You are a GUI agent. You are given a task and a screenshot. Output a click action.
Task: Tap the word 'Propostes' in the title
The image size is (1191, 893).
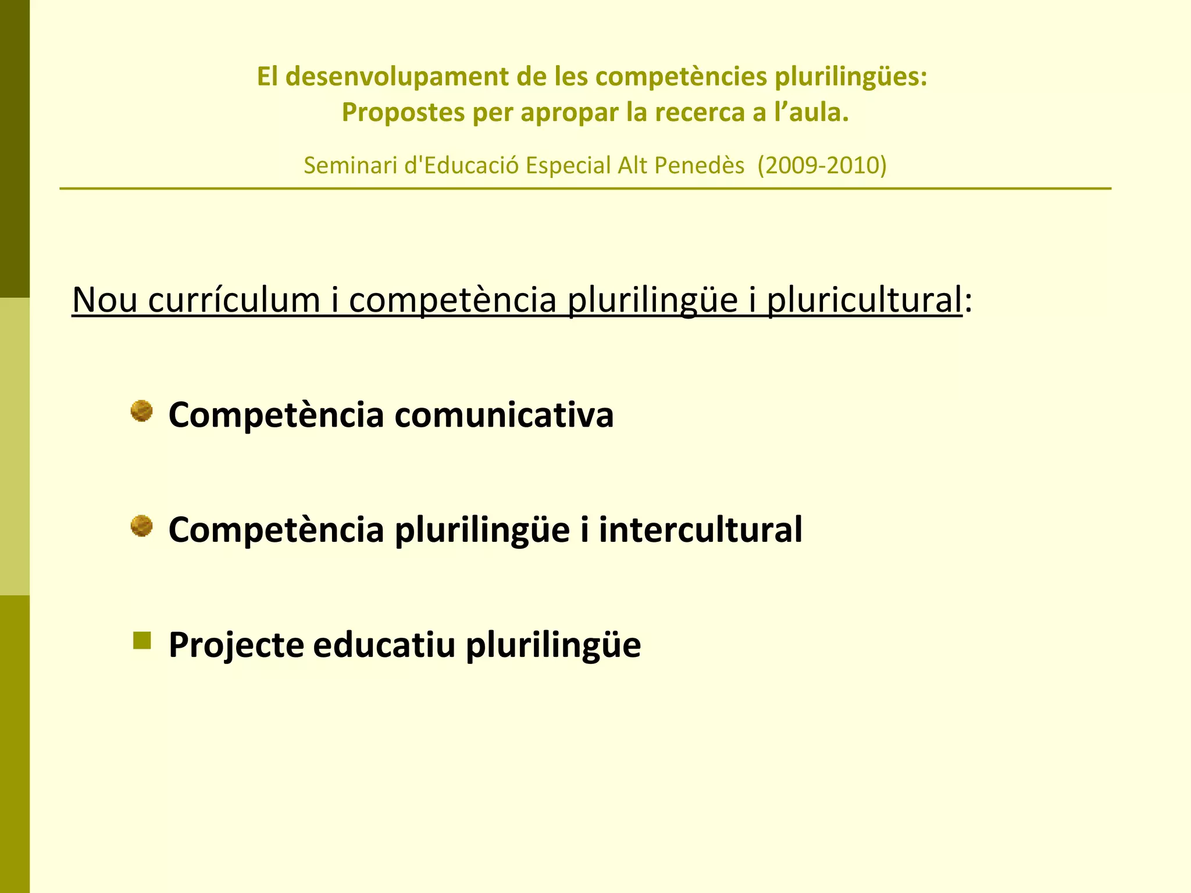[x=403, y=112]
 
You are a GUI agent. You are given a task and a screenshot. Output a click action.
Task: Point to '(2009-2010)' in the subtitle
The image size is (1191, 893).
[x=822, y=166]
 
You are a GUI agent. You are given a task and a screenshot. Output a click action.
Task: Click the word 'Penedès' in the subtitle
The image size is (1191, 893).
[x=699, y=166]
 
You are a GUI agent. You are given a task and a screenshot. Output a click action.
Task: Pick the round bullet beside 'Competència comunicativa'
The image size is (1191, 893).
[x=141, y=412]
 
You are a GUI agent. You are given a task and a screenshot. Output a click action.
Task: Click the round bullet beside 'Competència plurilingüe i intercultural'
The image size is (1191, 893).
[x=141, y=527]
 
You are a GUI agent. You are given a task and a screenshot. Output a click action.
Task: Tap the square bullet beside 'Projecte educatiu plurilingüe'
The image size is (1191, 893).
[x=142, y=641]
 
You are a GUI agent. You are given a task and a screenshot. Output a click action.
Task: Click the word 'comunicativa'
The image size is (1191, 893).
[x=504, y=415]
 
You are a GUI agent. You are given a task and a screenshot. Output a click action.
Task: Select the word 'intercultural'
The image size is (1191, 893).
[x=700, y=530]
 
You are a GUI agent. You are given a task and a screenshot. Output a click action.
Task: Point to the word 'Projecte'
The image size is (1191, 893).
[x=236, y=645]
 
